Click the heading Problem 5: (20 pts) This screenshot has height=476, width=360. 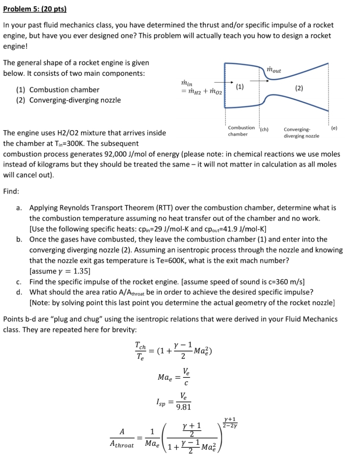[35, 9]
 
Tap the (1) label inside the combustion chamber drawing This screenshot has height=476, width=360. [240, 87]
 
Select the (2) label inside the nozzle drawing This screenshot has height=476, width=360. [299, 88]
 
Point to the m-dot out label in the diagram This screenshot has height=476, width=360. [274, 70]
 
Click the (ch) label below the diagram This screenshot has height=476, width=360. [264, 130]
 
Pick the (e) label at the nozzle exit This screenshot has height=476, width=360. [334, 128]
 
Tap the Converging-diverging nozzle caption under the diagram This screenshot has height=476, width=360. [301, 133]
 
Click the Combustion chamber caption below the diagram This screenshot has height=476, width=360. [241, 131]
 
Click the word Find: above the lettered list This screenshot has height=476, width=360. [11, 191]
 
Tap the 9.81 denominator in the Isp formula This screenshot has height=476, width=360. [184, 407]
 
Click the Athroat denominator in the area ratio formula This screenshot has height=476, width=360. [122, 445]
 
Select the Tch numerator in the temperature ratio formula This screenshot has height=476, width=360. [140, 345]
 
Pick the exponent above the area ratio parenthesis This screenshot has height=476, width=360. [230, 422]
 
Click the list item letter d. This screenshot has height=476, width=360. [19, 292]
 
